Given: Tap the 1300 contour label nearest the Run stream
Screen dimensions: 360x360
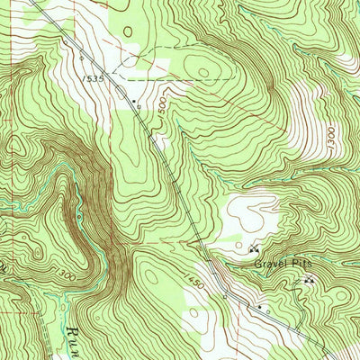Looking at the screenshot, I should click(62, 271).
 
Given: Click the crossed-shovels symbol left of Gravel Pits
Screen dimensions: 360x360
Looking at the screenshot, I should click(253, 248).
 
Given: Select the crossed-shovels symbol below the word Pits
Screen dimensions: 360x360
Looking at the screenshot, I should click(309, 281).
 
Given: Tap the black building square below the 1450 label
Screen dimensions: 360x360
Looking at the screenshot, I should click(259, 307).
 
